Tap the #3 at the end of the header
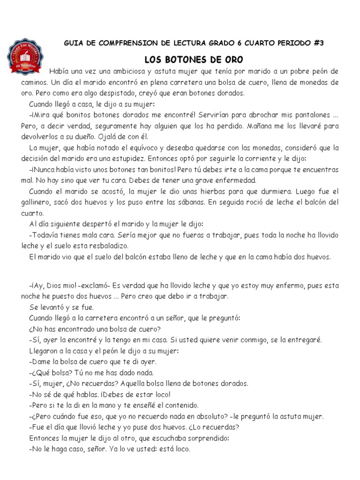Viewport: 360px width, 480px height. coord(317,43)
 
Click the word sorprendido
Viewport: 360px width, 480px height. coord(203,438)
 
